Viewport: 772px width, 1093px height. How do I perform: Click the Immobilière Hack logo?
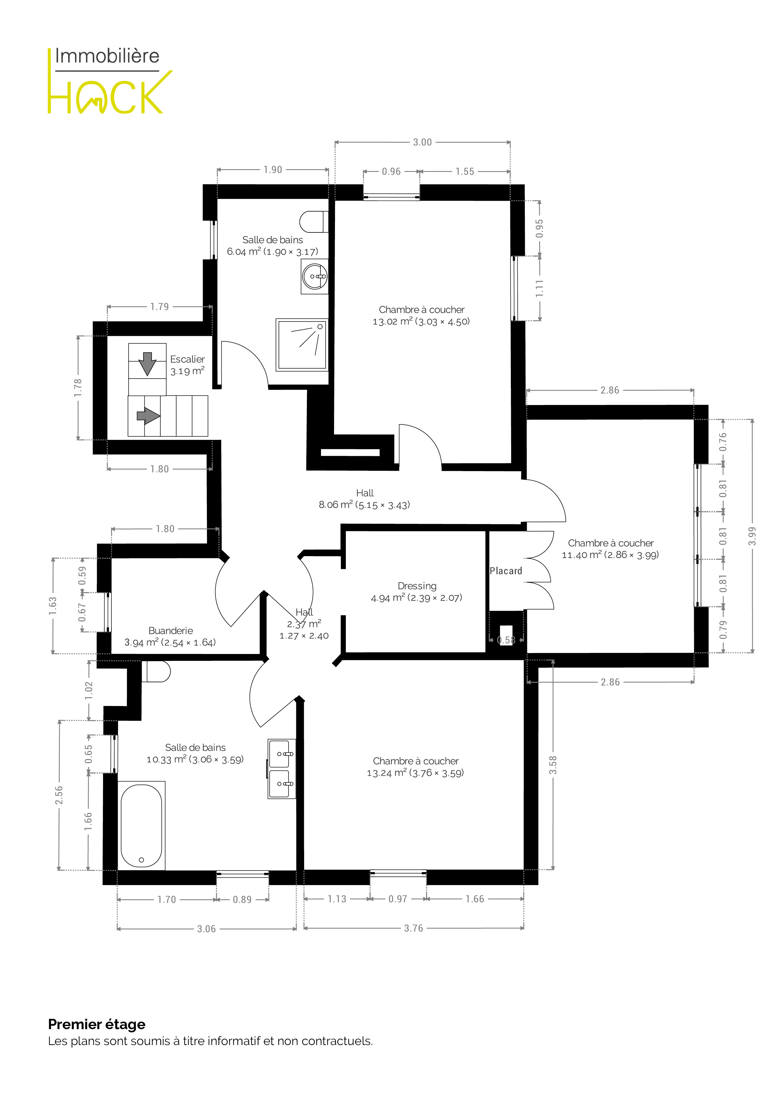109,81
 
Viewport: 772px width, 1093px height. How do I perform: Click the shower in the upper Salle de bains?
302,345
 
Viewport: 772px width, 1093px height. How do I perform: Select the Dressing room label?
417,592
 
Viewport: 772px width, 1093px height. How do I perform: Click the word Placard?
506,571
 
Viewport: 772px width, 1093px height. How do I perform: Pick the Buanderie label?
170,637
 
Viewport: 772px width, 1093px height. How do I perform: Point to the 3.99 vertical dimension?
752,536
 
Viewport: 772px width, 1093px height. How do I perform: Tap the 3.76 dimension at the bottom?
413,928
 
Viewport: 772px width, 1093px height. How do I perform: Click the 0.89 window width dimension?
242,900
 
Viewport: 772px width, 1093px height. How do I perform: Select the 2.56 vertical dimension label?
59,795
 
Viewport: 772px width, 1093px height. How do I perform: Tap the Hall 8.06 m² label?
364,499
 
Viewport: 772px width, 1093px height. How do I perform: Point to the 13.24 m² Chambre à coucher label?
415,767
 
